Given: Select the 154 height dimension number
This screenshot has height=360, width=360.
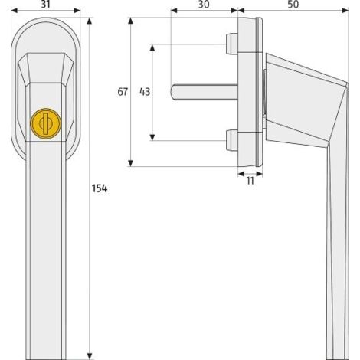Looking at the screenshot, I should click(x=99, y=188).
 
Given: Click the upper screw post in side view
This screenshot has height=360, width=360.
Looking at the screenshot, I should click(x=232, y=44).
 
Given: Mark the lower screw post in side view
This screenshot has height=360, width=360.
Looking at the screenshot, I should click(x=232, y=140).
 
